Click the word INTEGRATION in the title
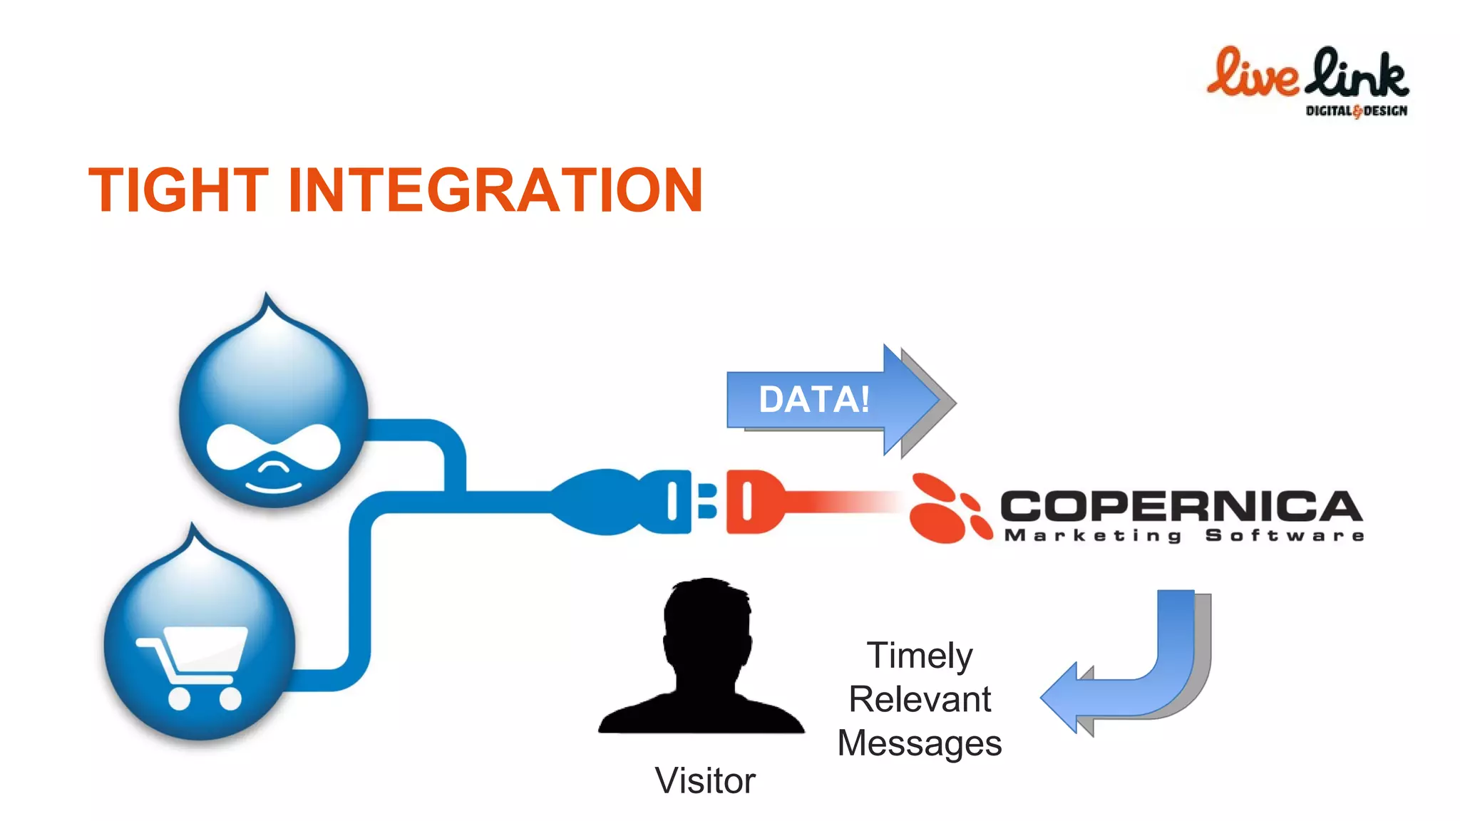(495, 190)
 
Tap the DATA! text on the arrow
(814, 399)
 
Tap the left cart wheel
(179, 698)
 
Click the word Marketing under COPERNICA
(1093, 536)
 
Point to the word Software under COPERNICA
(1285, 536)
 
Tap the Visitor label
(705, 780)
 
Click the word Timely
(920, 656)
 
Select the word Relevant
(920, 699)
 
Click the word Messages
(920, 743)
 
